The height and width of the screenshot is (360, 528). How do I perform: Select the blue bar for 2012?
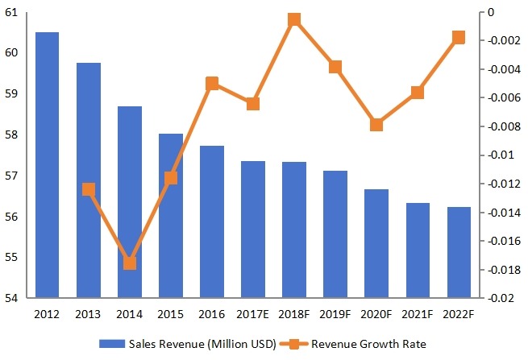coord(47,165)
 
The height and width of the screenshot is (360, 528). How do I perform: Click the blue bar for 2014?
coord(129,202)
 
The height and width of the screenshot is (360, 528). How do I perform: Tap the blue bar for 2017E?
coord(252,230)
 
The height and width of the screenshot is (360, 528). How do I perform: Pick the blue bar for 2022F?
coord(459,252)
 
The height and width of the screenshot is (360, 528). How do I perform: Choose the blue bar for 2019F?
coord(335,234)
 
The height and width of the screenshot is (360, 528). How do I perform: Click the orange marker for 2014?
coord(129,263)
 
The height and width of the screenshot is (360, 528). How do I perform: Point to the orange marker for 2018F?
coord(294,19)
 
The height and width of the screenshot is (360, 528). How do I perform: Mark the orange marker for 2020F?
coord(376,124)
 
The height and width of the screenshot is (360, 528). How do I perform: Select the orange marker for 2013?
coord(88,189)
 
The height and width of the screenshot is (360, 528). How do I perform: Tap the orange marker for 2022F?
coord(459,37)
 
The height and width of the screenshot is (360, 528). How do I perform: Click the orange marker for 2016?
coord(211,83)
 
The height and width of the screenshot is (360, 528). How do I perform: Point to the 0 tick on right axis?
coord(487,12)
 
